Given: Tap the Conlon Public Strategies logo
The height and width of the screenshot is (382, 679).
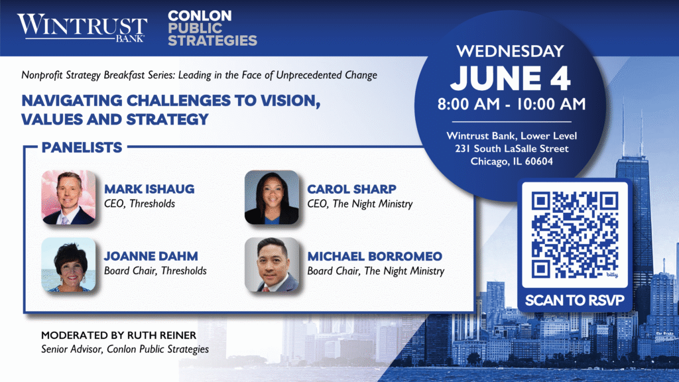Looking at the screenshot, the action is (x=212, y=28).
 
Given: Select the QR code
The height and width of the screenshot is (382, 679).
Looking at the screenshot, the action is (x=575, y=235).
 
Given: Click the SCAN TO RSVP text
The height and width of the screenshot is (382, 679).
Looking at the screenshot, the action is (x=575, y=300).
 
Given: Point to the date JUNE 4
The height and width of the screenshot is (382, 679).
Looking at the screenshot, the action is (x=511, y=78).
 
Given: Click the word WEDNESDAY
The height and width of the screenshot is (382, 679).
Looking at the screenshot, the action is (x=510, y=51).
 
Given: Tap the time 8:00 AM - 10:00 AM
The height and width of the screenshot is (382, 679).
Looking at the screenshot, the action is (x=511, y=104).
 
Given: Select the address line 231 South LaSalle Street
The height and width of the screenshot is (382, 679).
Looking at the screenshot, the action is (x=512, y=149).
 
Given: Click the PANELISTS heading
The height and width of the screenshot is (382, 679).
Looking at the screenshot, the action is (x=82, y=147).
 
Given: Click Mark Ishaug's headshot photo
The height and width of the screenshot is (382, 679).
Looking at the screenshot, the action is (x=68, y=197).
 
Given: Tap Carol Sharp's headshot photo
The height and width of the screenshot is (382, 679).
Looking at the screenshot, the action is (x=271, y=197).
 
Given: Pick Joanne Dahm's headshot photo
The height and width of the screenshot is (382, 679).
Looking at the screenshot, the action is (x=68, y=264).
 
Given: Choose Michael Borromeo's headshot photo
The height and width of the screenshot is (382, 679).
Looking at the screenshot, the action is (x=271, y=264).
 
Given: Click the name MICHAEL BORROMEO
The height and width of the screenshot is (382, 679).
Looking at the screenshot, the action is (x=375, y=256).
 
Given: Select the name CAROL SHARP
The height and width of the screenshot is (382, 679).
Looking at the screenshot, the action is (x=351, y=189).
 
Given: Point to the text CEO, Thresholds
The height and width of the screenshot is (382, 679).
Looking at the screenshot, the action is (x=139, y=204).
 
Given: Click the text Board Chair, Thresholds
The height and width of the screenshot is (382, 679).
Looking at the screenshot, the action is (x=155, y=271).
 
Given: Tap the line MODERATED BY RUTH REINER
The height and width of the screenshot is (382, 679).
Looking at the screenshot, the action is (x=119, y=335).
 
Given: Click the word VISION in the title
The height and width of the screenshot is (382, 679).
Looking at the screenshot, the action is (x=290, y=101).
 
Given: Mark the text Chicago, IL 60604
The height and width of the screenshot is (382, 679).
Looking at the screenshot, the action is (x=512, y=162).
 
